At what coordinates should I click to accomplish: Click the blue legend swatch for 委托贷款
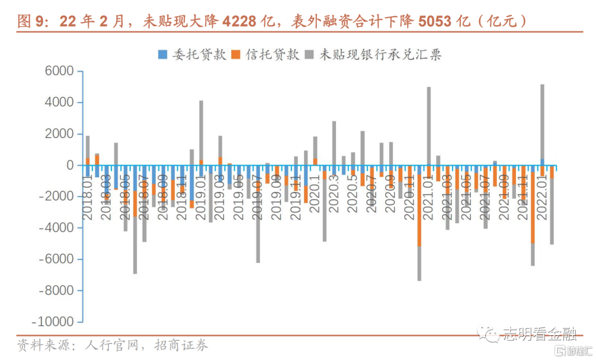coord(163,55)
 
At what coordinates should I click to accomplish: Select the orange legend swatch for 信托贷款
coord(236,55)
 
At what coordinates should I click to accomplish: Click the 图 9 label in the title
coord(31,22)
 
